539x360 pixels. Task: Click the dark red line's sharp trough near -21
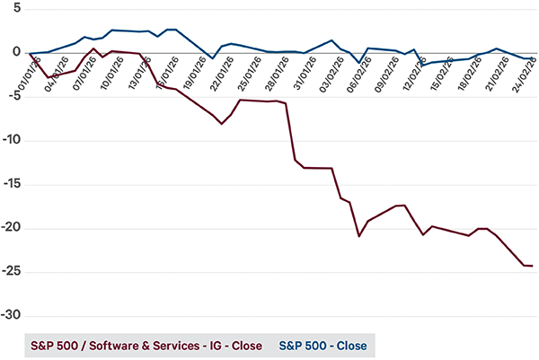coord(359,236)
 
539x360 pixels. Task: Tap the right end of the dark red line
coord(533,266)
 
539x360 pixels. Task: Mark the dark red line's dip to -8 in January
coord(222,124)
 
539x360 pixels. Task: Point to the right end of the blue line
coord(534,57)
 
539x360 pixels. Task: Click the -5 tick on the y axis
coord(13,97)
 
